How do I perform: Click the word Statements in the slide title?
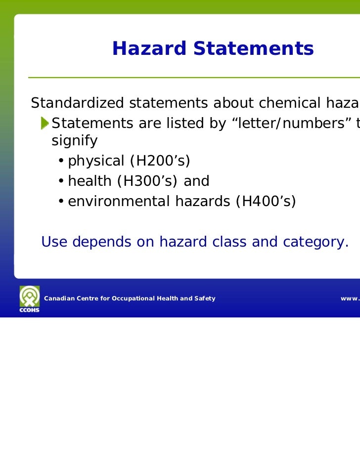pyautogui.click(x=253, y=48)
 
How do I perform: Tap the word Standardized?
pyautogui.click(x=77, y=103)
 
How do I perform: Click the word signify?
pyautogui.click(x=74, y=141)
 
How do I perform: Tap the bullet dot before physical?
pyautogui.click(x=60, y=162)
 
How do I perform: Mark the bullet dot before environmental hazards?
pyautogui.click(x=60, y=202)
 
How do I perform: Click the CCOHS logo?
pyautogui.click(x=29, y=298)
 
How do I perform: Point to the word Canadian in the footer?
pyautogui.click(x=59, y=298)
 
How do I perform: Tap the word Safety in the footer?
pyautogui.click(x=204, y=298)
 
